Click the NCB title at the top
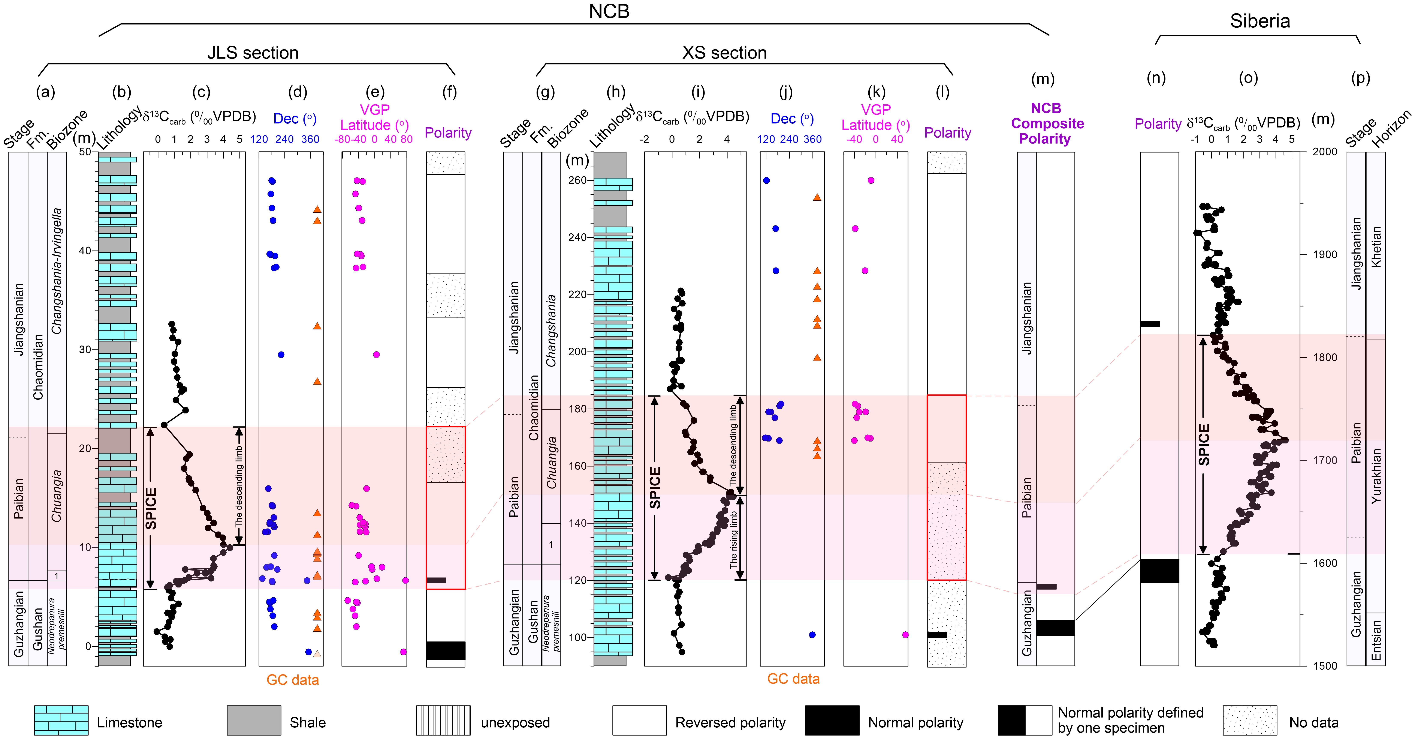click(609, 12)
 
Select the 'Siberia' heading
click(1259, 21)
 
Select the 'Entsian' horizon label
click(1376, 640)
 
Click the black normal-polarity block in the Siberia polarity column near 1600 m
click(1159, 571)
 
